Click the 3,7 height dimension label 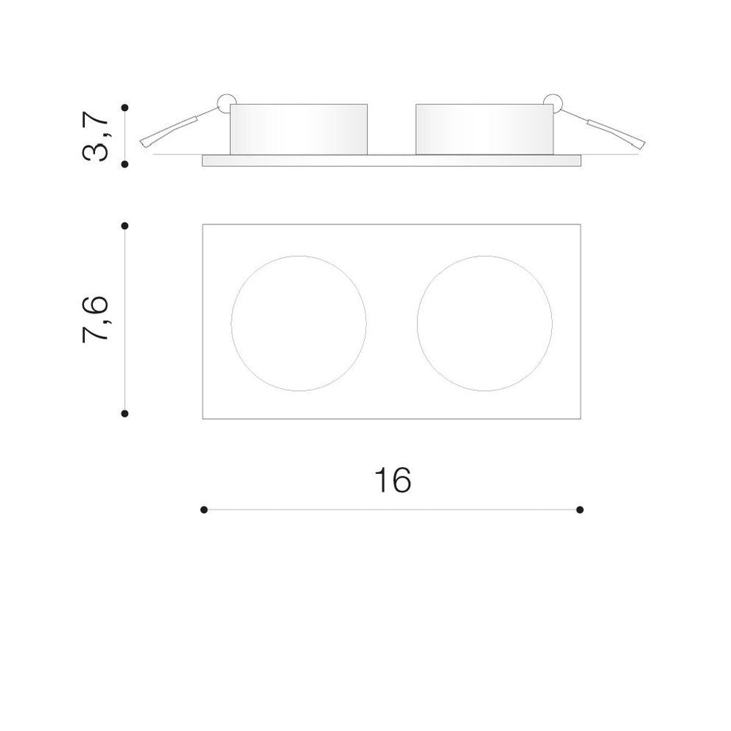[x=96, y=136]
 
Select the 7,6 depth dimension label [x=96, y=319]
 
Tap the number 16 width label [x=393, y=480]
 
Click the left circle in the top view [x=231, y=323]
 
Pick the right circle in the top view [x=417, y=323]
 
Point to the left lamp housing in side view [x=299, y=129]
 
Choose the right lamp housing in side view [x=485, y=129]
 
